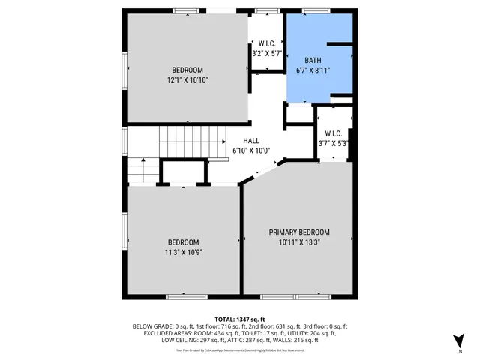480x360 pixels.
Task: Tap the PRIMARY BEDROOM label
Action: (x=299, y=232)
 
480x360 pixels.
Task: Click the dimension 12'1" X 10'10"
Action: (x=187, y=79)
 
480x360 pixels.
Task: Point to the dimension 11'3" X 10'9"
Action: (x=183, y=252)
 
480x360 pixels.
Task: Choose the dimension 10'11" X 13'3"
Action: (x=299, y=242)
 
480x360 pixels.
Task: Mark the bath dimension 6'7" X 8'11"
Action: (x=313, y=70)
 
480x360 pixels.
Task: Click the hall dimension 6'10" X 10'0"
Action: (x=251, y=151)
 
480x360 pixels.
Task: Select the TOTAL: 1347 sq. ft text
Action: (x=240, y=319)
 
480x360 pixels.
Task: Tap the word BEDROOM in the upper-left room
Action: (x=187, y=70)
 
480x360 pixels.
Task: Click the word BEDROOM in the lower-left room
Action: (x=183, y=242)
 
